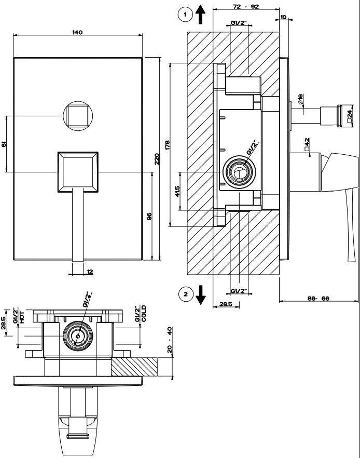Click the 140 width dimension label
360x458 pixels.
point(77,32)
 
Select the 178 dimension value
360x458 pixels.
point(168,145)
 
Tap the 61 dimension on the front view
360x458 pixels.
point(4,144)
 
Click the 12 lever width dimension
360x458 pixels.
point(90,271)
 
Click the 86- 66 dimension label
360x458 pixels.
point(319,299)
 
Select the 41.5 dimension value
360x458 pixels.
point(177,192)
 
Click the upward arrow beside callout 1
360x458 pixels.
point(201,15)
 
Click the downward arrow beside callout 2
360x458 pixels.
point(201,296)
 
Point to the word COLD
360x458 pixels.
point(144,314)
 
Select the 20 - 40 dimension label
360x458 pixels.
point(170,340)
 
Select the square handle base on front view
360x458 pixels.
point(78,171)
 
